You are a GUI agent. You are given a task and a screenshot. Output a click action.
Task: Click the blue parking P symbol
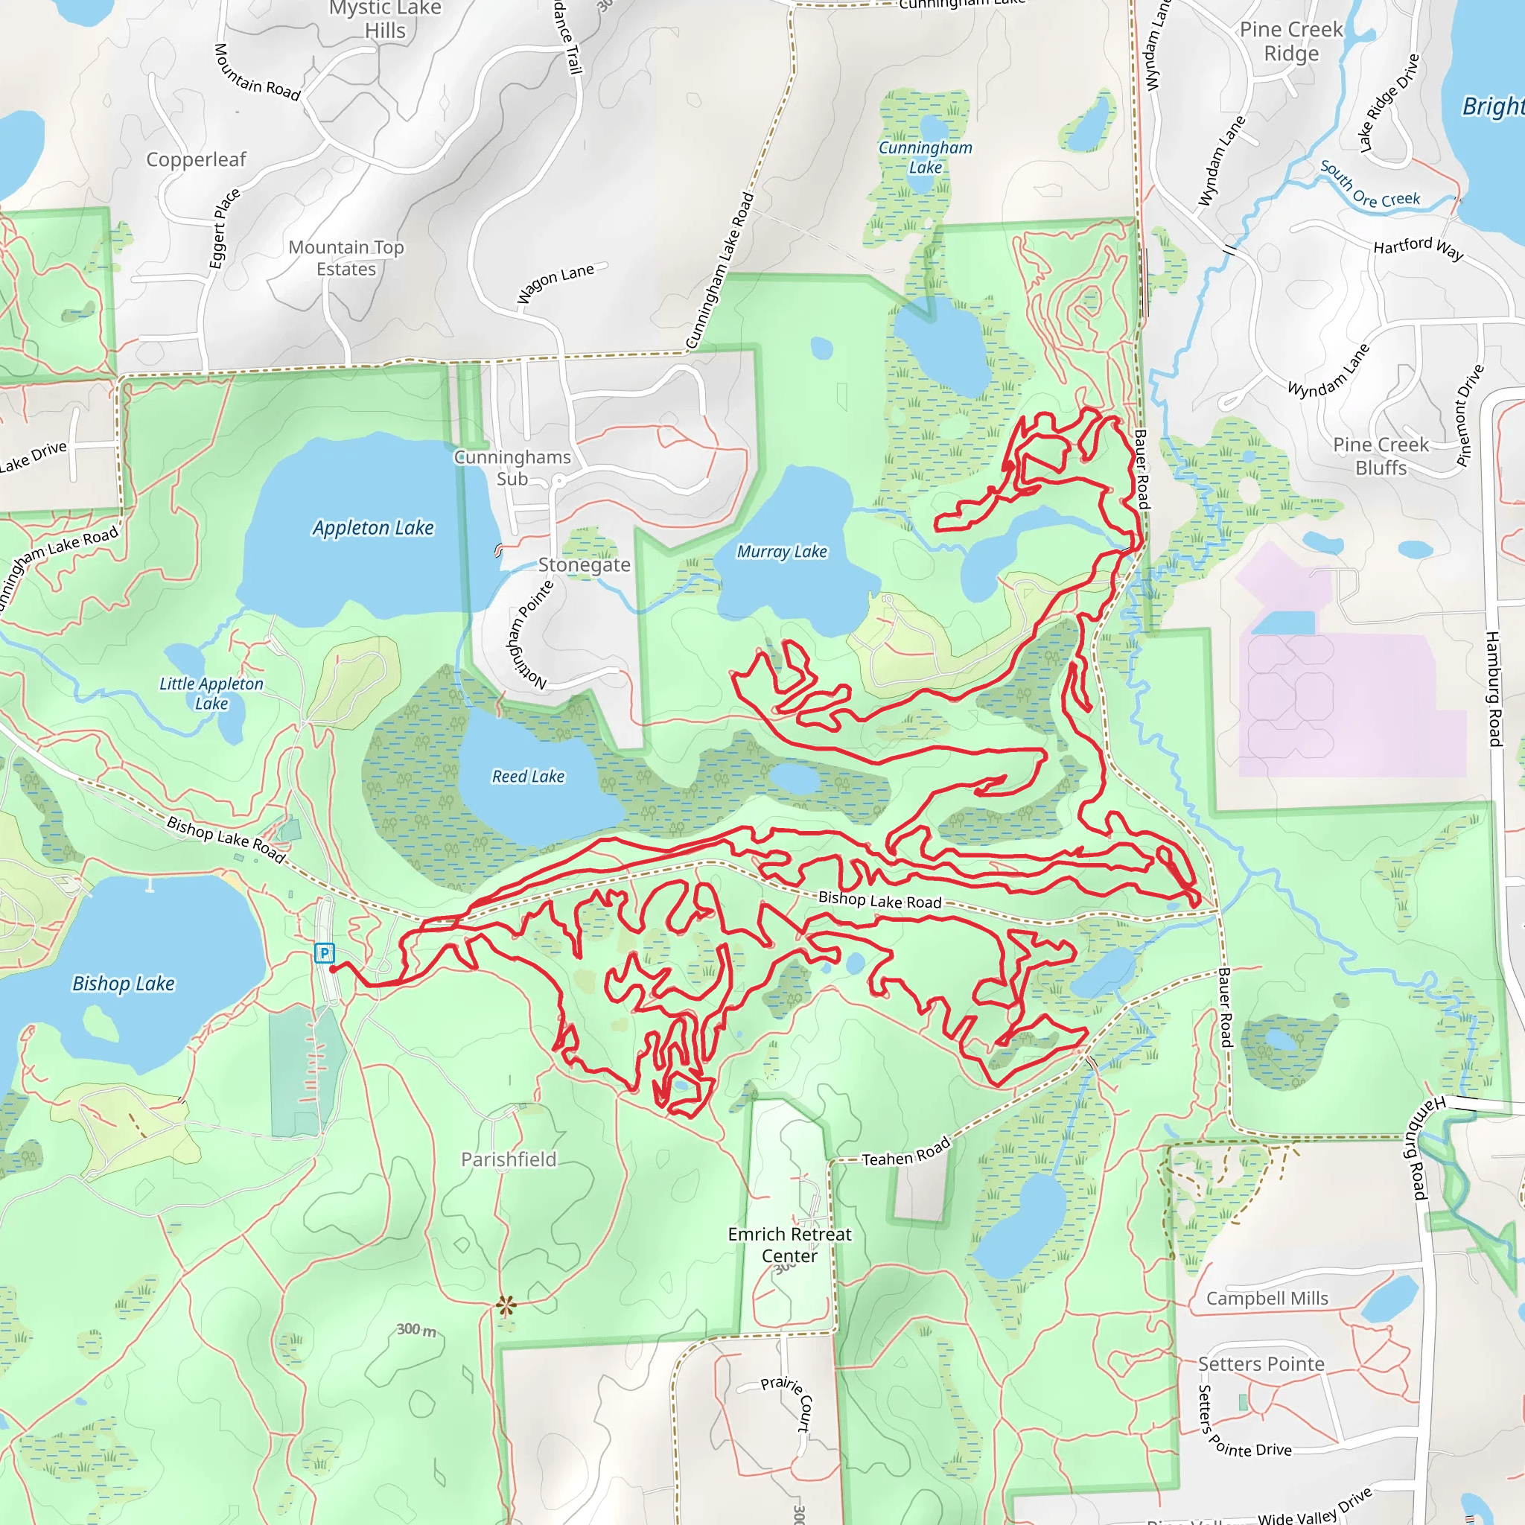coord(325,952)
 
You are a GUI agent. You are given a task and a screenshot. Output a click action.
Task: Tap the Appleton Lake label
coord(373,527)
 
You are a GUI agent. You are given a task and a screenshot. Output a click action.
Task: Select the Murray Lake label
coord(781,551)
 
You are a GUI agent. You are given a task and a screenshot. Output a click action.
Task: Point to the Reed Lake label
coord(528,776)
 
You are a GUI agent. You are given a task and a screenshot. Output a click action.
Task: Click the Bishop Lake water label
coord(123,983)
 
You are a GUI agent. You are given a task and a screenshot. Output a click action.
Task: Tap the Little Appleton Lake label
coord(211,693)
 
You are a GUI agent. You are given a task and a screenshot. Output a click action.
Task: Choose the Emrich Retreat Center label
coord(789,1245)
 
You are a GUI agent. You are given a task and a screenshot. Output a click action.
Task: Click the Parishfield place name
coord(509,1159)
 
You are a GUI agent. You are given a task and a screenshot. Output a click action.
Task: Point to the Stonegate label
coord(584,564)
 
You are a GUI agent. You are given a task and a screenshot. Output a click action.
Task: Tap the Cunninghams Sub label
coord(512,468)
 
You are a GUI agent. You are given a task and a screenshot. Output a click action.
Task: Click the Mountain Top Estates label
coord(346,258)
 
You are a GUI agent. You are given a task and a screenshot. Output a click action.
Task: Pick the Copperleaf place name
coord(196,159)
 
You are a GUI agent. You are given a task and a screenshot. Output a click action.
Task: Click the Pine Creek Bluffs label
coord(1381,456)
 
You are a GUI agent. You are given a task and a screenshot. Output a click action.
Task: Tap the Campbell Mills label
coord(1267,1299)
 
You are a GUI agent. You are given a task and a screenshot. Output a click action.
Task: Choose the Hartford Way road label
coord(1419,249)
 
